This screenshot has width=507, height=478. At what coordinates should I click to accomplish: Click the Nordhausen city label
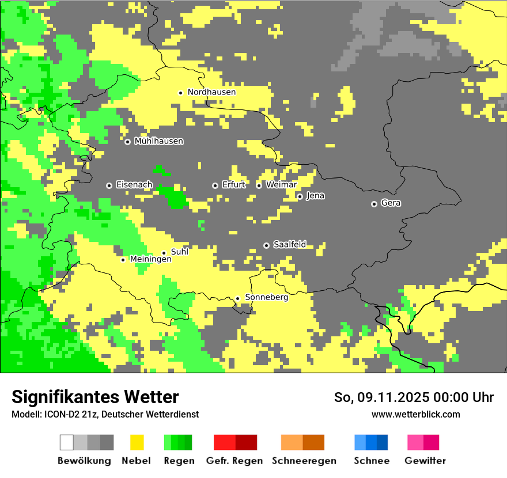point(211,92)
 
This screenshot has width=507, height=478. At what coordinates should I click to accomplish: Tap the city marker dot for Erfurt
point(215,185)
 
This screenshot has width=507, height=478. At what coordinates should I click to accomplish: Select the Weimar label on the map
point(281,185)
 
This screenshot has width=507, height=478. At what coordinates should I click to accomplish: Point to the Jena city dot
point(300,196)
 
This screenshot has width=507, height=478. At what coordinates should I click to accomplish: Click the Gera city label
point(391,203)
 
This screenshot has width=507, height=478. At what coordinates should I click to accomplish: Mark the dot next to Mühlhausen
point(127,142)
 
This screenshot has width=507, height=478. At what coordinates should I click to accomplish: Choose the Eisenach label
point(134,185)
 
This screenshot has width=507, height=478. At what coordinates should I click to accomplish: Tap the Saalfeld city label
point(289,245)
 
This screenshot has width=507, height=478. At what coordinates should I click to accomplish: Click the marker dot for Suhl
point(164,253)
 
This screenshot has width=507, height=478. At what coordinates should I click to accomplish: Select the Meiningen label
point(150,260)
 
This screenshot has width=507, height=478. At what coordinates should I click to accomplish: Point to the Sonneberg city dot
point(237,298)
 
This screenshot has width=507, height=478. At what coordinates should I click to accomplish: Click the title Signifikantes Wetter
point(95,397)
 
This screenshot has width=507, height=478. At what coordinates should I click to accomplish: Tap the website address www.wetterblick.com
point(415,415)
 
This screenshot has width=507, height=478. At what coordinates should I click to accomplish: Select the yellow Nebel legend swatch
point(137,442)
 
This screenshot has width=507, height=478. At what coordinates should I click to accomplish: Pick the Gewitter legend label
point(425,461)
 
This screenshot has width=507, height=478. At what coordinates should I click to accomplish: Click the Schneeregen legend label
point(304,461)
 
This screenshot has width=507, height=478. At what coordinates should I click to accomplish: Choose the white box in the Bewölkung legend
point(67,442)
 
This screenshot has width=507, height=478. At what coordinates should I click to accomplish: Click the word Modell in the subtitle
point(25,415)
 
